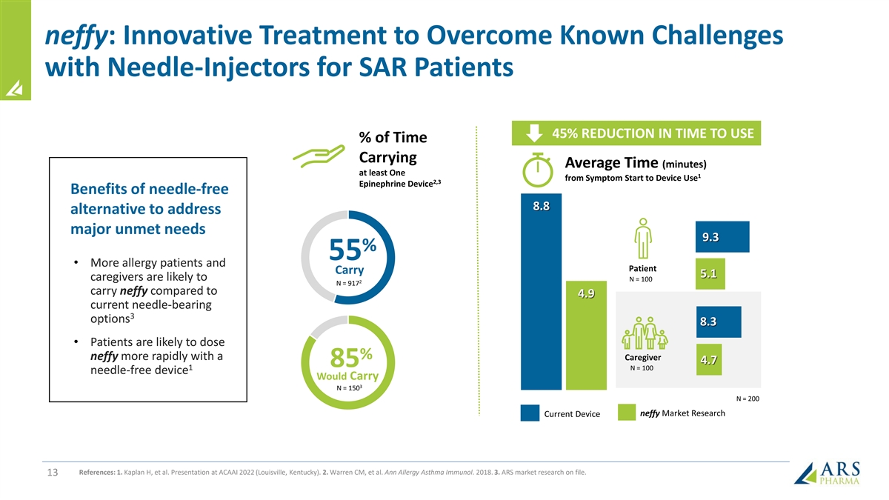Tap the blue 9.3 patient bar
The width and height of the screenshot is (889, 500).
(722, 237)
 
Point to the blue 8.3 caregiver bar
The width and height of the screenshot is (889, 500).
(718, 322)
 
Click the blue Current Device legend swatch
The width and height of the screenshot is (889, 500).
(529, 413)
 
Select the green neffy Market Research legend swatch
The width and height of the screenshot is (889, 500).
(627, 413)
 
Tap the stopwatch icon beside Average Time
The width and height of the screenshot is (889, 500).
(537, 172)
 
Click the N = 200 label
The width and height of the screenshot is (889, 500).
(747, 399)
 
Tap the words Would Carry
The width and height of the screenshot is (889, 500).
(347, 376)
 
